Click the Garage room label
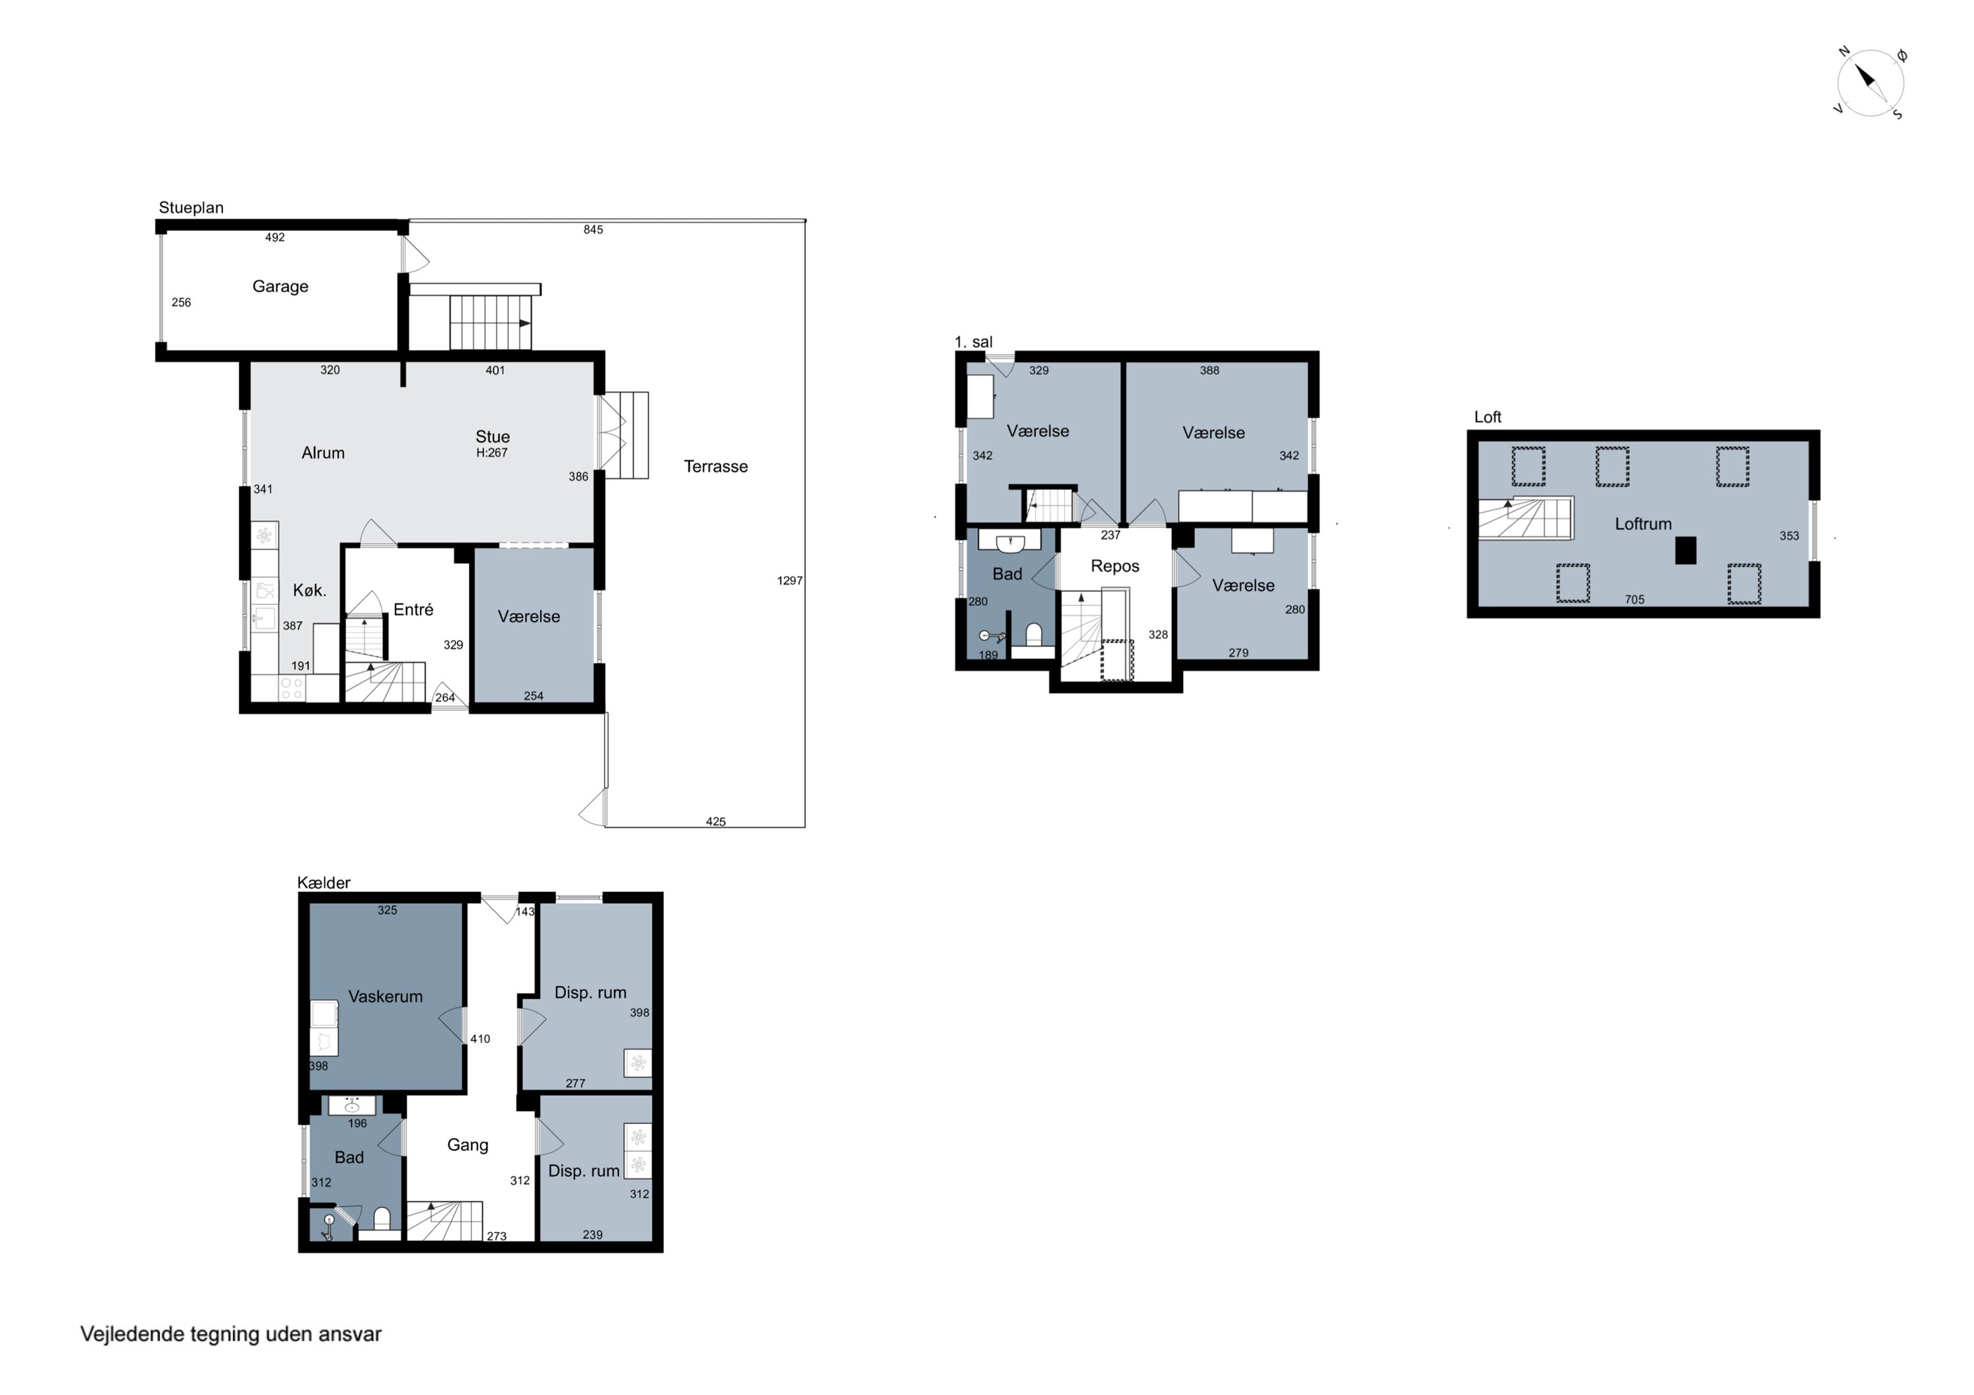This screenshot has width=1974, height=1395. (280, 287)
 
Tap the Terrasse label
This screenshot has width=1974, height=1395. (715, 467)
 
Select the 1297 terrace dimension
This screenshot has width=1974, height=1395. (789, 581)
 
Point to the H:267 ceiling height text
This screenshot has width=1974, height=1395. (492, 453)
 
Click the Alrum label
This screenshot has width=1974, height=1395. (322, 453)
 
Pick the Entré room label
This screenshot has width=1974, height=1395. (413, 610)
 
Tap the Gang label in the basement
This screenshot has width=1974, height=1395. (468, 1146)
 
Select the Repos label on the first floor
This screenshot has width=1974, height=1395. (1115, 566)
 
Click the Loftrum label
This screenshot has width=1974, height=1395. (1643, 524)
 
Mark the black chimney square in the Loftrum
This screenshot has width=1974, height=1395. (1685, 550)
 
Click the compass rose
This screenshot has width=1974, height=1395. (1870, 82)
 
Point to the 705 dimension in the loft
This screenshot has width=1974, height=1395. (1634, 600)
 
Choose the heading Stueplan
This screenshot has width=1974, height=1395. (191, 208)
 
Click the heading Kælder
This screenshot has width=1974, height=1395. (324, 883)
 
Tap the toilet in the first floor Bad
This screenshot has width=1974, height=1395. (1034, 636)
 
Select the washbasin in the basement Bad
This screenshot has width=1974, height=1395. (351, 1106)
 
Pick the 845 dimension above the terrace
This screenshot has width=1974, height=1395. (594, 230)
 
